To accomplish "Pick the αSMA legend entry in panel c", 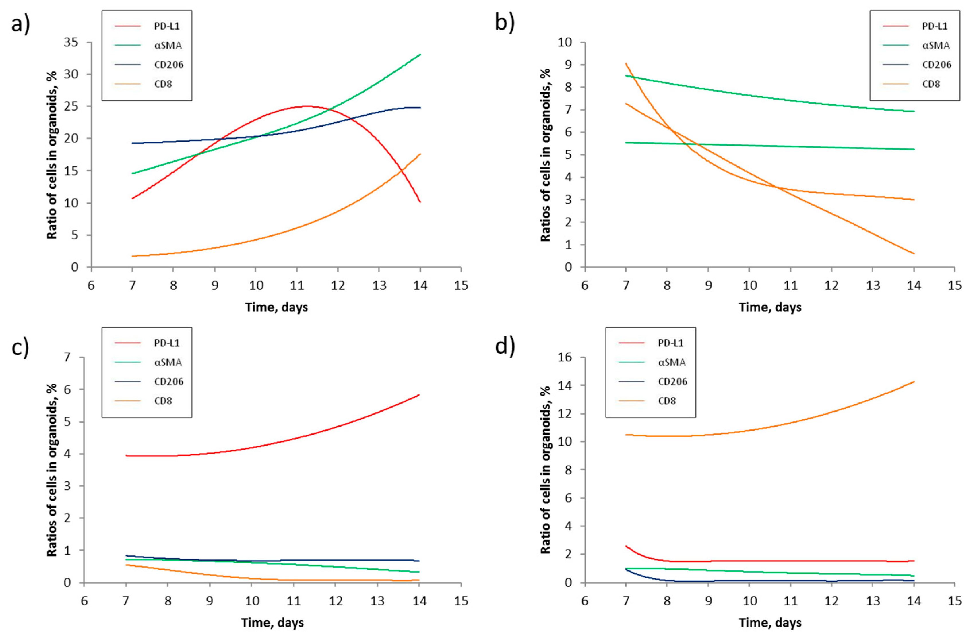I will click(168, 362).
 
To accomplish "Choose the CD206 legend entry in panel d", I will click(672, 381).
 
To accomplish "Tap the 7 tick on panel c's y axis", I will click(67, 357).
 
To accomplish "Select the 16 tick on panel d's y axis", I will click(565, 357).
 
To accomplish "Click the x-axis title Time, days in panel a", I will click(276, 307).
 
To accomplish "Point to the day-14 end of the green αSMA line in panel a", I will click(420, 55).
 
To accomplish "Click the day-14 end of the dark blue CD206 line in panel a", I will click(420, 108).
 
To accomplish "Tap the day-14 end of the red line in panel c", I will click(419, 395).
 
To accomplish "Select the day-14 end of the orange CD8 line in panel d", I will click(914, 382).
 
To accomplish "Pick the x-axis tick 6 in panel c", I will click(84, 601).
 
